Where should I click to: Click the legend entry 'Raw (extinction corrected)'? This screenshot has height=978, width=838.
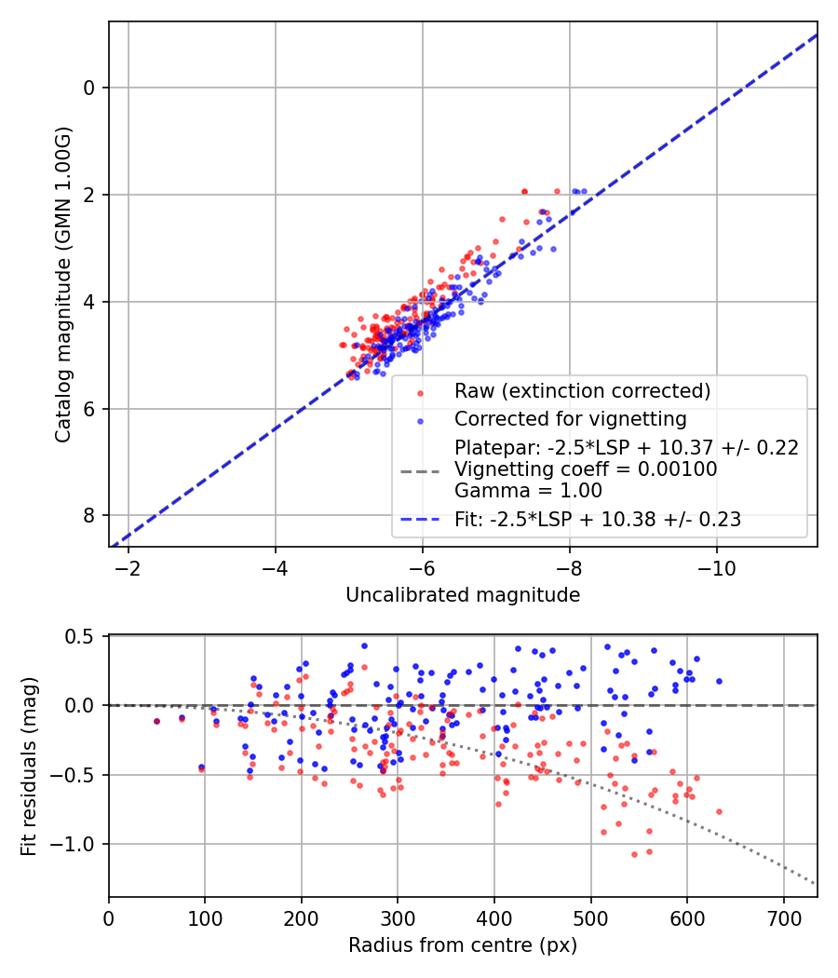(x=582, y=390)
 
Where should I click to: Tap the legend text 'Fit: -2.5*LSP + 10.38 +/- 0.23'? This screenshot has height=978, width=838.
(x=598, y=520)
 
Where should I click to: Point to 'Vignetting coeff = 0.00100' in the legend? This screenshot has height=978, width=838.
(x=586, y=469)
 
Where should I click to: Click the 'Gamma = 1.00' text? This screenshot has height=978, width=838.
(x=528, y=491)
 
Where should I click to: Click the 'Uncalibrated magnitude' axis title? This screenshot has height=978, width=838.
(x=463, y=595)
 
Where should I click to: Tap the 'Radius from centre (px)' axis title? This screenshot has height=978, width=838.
(x=463, y=945)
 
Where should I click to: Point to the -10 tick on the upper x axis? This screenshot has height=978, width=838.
(x=716, y=567)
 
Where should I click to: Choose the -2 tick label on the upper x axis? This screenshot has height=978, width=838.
(x=128, y=567)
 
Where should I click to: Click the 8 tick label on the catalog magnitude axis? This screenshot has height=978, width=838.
(x=90, y=516)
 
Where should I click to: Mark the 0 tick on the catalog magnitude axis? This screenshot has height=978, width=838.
(x=90, y=88)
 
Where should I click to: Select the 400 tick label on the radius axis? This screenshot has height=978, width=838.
(x=494, y=917)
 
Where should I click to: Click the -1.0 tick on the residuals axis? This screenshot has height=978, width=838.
(x=77, y=844)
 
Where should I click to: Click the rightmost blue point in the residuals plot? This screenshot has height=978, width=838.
(x=719, y=681)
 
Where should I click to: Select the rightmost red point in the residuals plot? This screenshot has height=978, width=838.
(x=719, y=811)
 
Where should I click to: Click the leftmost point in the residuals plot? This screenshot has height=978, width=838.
(x=156, y=721)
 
